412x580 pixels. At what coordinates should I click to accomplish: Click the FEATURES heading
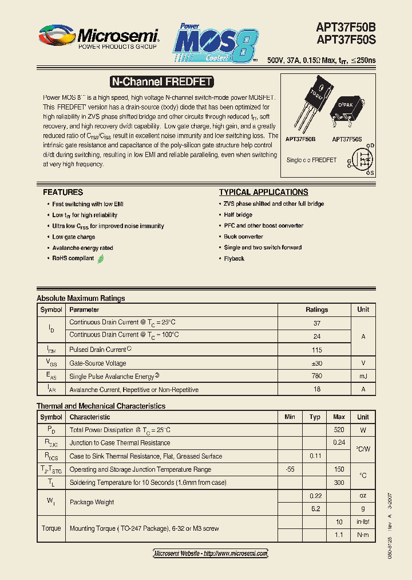click(63, 193)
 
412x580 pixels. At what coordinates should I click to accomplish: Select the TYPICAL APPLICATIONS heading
click(264, 193)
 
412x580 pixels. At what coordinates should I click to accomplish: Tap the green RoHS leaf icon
click(101, 258)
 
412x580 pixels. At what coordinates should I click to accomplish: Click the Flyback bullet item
click(234, 259)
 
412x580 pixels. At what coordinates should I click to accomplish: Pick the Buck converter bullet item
click(243, 237)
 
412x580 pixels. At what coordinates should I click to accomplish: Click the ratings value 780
click(316, 377)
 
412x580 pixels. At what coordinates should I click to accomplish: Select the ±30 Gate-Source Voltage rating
click(316, 363)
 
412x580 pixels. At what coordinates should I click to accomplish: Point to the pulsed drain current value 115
click(316, 350)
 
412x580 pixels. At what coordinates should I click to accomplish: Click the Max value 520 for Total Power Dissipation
click(339, 430)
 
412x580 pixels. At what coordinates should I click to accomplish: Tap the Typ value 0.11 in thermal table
click(315, 456)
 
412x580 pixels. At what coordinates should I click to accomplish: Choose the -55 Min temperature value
click(290, 469)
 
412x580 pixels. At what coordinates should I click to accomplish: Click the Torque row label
click(51, 528)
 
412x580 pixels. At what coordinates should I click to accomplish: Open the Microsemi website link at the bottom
click(211, 554)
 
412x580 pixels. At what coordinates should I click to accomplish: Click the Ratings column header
click(316, 309)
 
